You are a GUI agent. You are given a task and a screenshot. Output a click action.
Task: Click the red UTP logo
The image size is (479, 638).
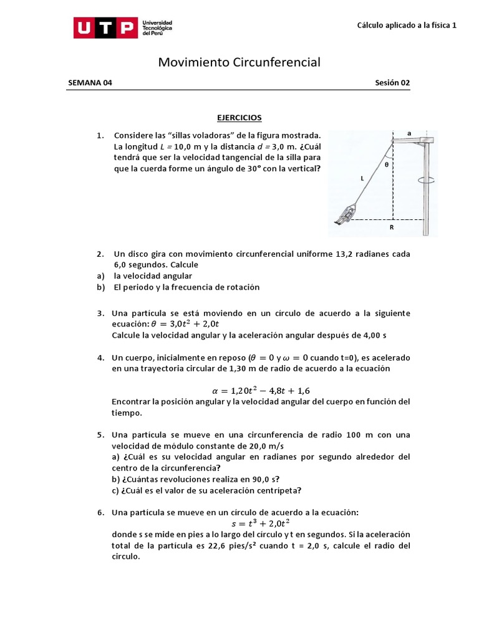tap(105, 27)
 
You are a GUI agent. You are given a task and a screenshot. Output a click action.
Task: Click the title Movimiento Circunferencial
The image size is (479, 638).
tap(239, 62)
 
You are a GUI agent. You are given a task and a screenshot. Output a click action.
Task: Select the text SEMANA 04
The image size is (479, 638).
tap(90, 83)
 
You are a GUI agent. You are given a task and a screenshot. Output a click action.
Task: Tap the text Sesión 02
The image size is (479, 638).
tap(392, 83)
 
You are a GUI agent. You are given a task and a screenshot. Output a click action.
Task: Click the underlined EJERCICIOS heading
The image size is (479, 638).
tap(239, 117)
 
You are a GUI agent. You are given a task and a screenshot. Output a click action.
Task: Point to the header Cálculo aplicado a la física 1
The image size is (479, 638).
tap(407, 26)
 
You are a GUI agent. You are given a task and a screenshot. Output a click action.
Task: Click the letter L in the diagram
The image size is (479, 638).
tap(362, 178)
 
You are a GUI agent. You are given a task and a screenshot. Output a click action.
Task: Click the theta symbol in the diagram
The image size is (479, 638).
tap(387, 165)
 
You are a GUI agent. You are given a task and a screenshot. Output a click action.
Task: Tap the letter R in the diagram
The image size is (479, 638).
tap(392, 228)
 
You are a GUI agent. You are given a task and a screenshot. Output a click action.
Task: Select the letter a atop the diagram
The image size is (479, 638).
tap(409, 133)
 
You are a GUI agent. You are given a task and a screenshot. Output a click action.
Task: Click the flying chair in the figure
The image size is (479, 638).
tap(344, 214)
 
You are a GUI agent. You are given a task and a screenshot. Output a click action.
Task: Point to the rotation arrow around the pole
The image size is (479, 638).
tap(426, 181)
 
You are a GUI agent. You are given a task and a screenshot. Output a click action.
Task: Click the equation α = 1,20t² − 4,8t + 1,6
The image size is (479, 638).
tap(261, 391)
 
